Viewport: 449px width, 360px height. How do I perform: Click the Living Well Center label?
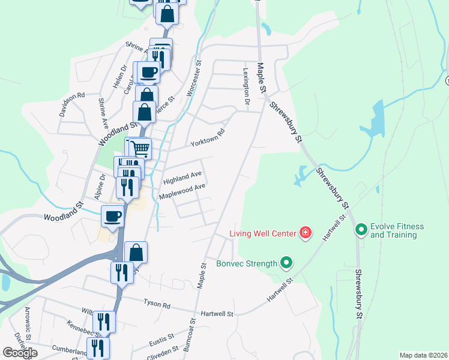[x=264, y=233]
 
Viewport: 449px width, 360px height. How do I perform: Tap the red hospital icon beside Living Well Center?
[x=306, y=232]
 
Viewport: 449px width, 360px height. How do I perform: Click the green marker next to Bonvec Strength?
[x=286, y=262]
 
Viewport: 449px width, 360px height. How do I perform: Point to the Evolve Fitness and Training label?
[x=397, y=230]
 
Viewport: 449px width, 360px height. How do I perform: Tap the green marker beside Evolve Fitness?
[x=361, y=229]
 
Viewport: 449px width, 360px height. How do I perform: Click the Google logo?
[x=20, y=353]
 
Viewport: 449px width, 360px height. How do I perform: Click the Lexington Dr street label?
[x=246, y=86]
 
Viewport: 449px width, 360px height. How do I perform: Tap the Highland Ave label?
[x=182, y=178]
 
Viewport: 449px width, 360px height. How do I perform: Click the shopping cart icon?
[x=139, y=148]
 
